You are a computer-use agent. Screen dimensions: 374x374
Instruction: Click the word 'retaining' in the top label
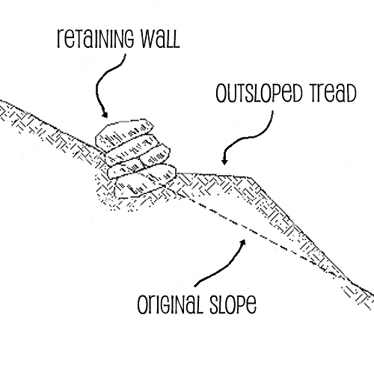[x=95, y=39]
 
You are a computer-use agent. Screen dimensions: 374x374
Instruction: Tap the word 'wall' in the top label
[x=160, y=39]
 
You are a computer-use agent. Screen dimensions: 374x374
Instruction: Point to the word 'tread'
[x=331, y=93]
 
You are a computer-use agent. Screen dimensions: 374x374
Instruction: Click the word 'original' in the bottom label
[x=170, y=304]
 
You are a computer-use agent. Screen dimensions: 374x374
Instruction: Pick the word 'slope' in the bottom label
[x=233, y=304]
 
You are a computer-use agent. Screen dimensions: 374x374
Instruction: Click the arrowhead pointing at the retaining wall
[x=105, y=114]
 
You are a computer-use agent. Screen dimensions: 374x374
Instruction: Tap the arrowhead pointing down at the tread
[x=224, y=162]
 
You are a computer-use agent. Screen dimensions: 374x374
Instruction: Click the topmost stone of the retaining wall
[x=125, y=134]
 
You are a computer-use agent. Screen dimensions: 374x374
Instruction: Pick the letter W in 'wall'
[x=147, y=39]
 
